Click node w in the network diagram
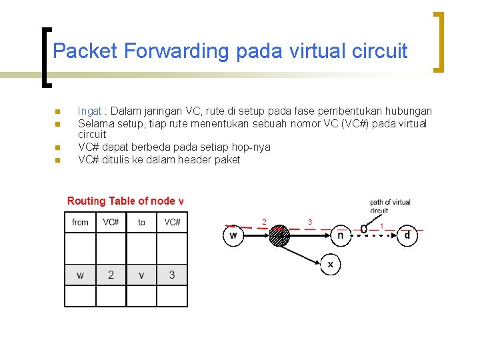pos(233,235)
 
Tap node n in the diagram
pos(341,235)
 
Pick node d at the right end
pos(407,235)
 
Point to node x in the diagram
pos(330,264)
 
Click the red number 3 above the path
pos(309,222)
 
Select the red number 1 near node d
pos(381,226)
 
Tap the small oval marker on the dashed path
pos(364,229)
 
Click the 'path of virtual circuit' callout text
pos(390,206)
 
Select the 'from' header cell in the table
pos(81,222)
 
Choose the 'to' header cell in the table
pos(141,222)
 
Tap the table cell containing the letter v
pos(141,275)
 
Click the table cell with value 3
pos(172,275)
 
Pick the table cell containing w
pos(81,275)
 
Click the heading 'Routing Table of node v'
pos(125,201)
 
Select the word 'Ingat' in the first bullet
pos(89,111)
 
